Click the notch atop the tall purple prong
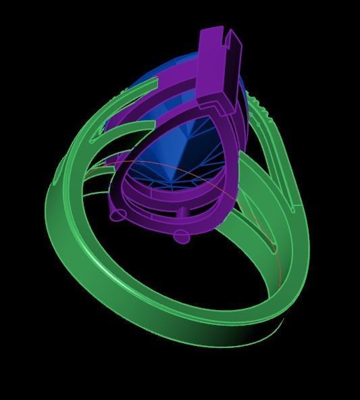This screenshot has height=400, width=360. [234, 39]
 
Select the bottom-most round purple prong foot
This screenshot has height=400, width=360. [181, 236]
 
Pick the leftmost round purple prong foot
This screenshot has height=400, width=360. [118, 216]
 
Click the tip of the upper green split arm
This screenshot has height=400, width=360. [157, 81]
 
